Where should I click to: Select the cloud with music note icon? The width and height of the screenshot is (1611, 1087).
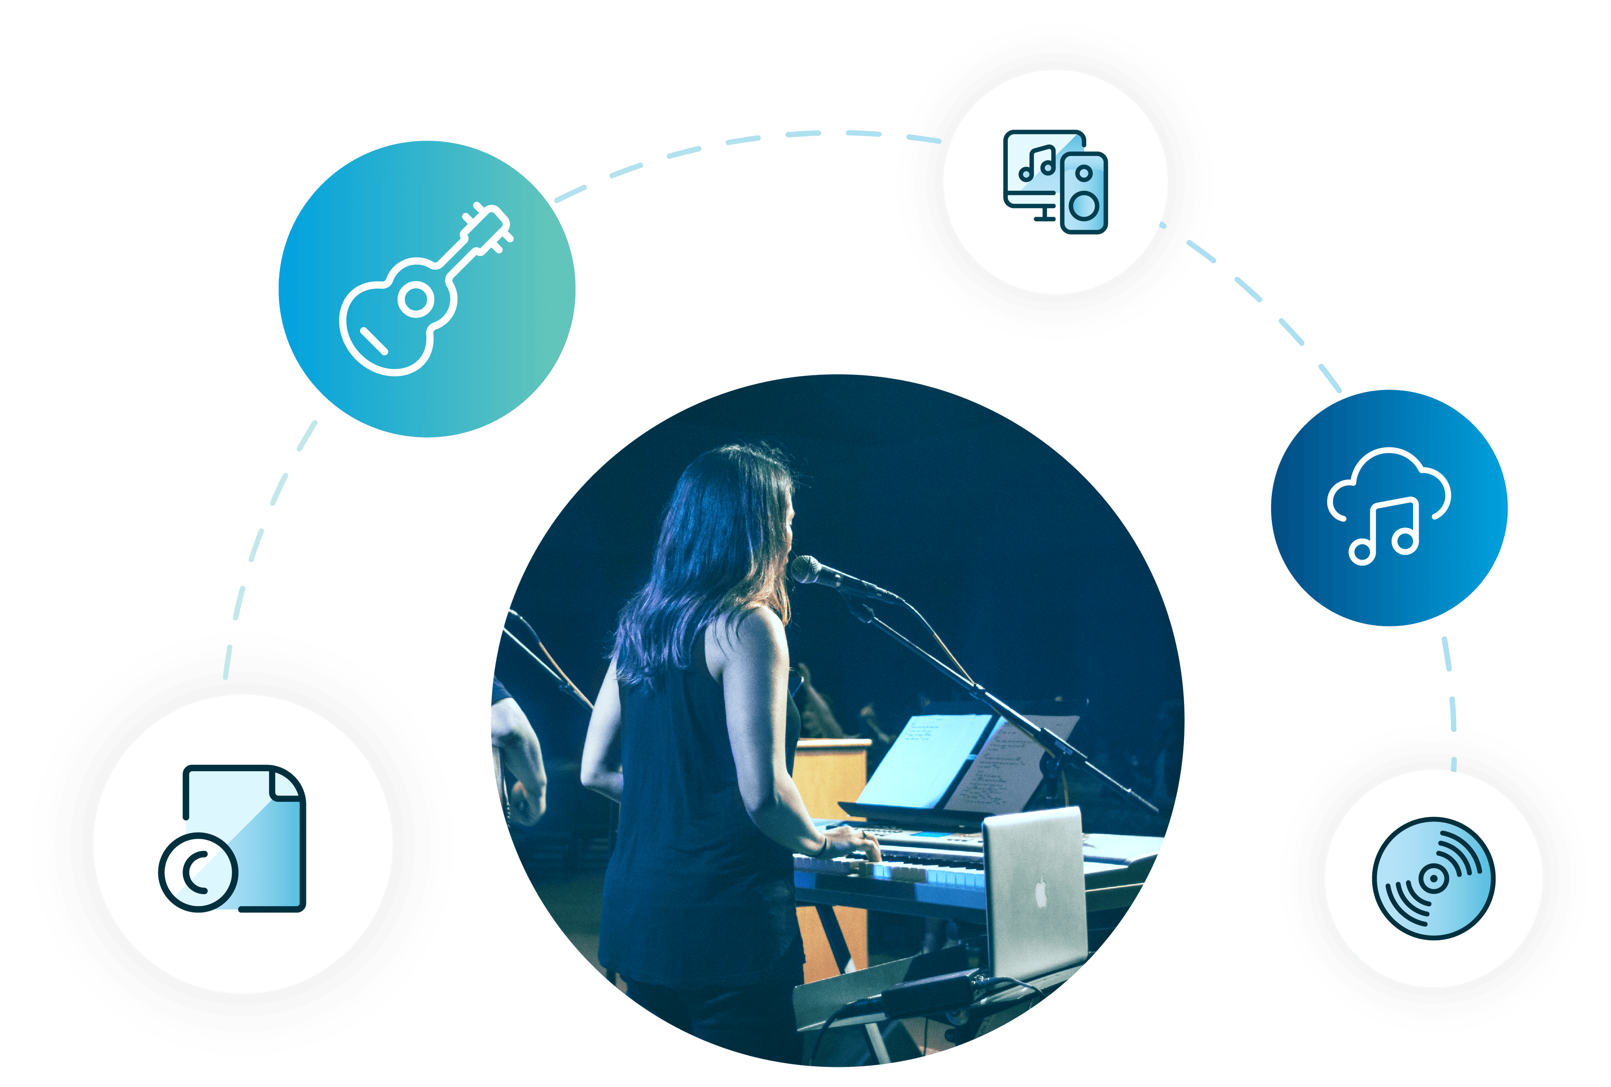(1388, 506)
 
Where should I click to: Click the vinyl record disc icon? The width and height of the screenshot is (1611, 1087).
(1433, 879)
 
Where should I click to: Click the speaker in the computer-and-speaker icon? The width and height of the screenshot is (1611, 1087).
(1084, 193)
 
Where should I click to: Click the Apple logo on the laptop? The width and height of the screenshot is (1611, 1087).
(1040, 891)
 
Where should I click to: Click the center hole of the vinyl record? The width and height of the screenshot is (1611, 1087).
(1433, 879)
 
